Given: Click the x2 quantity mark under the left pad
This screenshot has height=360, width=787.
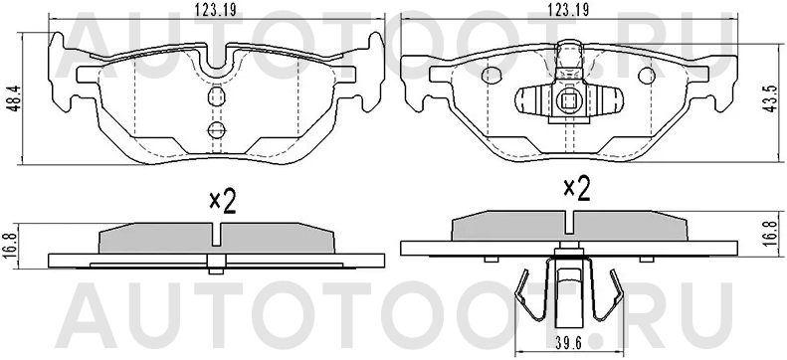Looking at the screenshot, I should (x=221, y=202).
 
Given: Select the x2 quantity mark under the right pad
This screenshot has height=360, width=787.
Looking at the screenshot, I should (x=576, y=188).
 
